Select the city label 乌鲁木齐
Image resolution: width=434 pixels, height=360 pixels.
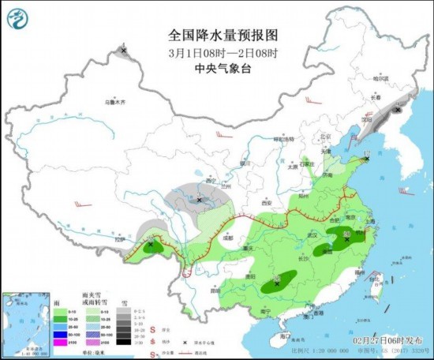[115, 101]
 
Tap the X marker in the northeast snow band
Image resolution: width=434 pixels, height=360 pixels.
[398, 111]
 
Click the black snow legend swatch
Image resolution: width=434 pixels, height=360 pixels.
[125, 343]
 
